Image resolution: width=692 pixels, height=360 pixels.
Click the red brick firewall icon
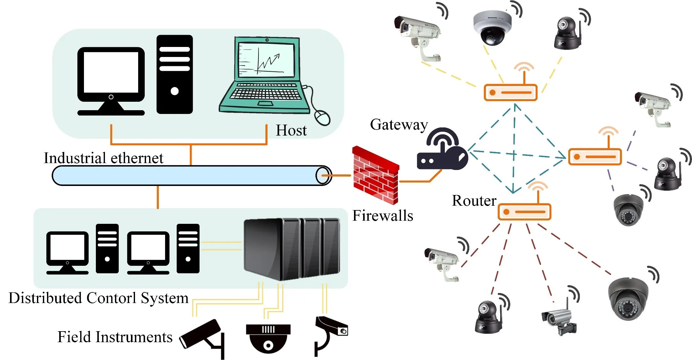point(375,175)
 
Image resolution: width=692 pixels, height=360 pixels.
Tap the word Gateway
point(399,125)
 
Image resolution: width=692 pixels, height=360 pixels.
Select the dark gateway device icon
point(442,150)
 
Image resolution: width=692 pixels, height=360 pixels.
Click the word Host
point(291,130)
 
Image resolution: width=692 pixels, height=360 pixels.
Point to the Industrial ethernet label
point(103,158)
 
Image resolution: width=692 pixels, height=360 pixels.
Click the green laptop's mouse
point(322,118)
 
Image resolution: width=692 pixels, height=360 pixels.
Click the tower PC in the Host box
point(174,75)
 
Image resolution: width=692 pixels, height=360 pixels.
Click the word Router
point(474,201)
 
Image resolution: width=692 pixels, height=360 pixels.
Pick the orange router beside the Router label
point(524,212)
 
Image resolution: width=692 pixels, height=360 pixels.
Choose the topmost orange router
point(511,92)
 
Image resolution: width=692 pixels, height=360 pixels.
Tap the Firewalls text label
point(382,216)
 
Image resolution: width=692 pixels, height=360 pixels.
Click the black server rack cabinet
point(291,249)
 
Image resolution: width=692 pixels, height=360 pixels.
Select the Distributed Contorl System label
point(98,298)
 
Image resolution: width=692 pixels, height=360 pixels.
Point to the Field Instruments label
point(115,337)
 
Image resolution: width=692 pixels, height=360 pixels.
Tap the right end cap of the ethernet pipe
point(323,176)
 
